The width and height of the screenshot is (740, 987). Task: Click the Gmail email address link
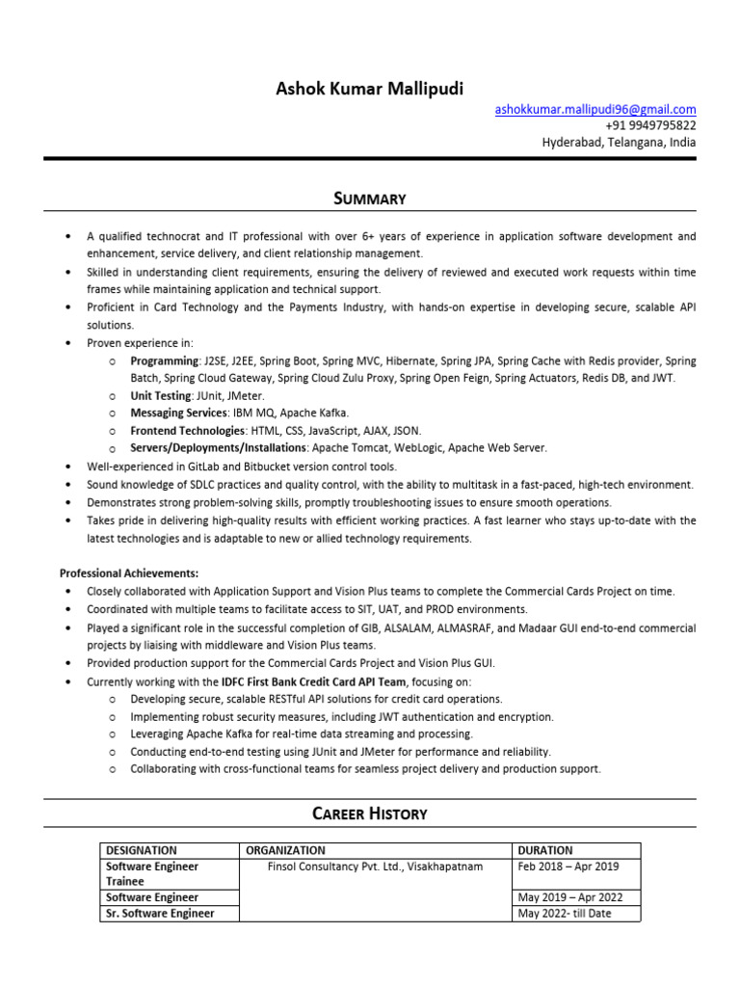coord(595,109)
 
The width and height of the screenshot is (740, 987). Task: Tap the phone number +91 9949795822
coord(650,125)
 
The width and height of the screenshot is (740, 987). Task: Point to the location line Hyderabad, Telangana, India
coord(619,142)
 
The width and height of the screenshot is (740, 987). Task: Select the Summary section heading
coord(370,199)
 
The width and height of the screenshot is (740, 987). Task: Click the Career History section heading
coord(370,814)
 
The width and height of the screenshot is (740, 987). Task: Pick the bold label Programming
coord(160,360)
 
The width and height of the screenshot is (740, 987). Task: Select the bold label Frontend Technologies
coord(187,430)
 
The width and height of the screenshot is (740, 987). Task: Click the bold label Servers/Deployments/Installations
coord(219,447)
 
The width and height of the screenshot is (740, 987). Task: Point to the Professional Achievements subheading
coord(129,573)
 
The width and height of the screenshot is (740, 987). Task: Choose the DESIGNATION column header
coord(142,850)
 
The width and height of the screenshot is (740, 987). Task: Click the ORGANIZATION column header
coord(285,850)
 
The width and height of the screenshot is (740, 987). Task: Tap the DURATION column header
coord(545,850)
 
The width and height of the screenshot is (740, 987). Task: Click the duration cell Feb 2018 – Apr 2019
coord(568,867)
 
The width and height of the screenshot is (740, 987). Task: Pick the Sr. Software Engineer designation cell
coord(160,913)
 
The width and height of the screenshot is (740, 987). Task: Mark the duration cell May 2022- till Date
coord(565,913)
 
